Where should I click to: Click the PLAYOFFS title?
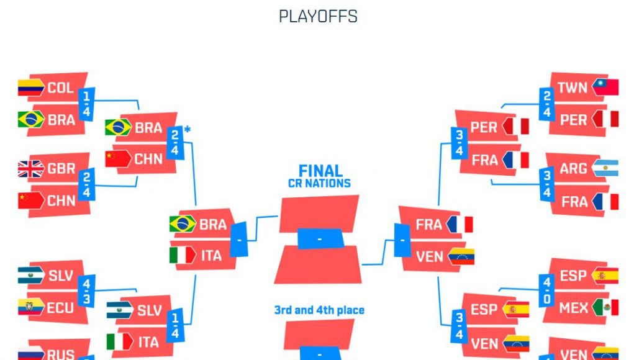[x=318, y=16]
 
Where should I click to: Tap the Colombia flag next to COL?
[x=30, y=88]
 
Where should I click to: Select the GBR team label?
[x=61, y=169]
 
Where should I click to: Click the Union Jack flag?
[x=30, y=169]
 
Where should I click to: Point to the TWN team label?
[x=572, y=88]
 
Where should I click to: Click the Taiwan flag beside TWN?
[x=605, y=87]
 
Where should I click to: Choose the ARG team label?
[x=573, y=169]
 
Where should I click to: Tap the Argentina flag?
[x=605, y=168]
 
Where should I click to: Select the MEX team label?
[x=573, y=307]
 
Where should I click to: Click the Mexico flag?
[x=605, y=307]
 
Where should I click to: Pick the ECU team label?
[x=60, y=307]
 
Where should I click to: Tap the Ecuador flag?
[x=30, y=307]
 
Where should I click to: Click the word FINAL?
[x=320, y=171]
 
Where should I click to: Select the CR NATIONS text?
[x=319, y=184]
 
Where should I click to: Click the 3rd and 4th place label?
[x=319, y=310]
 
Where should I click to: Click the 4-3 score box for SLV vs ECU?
[x=87, y=291]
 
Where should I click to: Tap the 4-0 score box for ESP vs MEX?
[x=546, y=291]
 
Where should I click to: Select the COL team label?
[x=60, y=88]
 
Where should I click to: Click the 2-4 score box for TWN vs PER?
[x=546, y=104]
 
